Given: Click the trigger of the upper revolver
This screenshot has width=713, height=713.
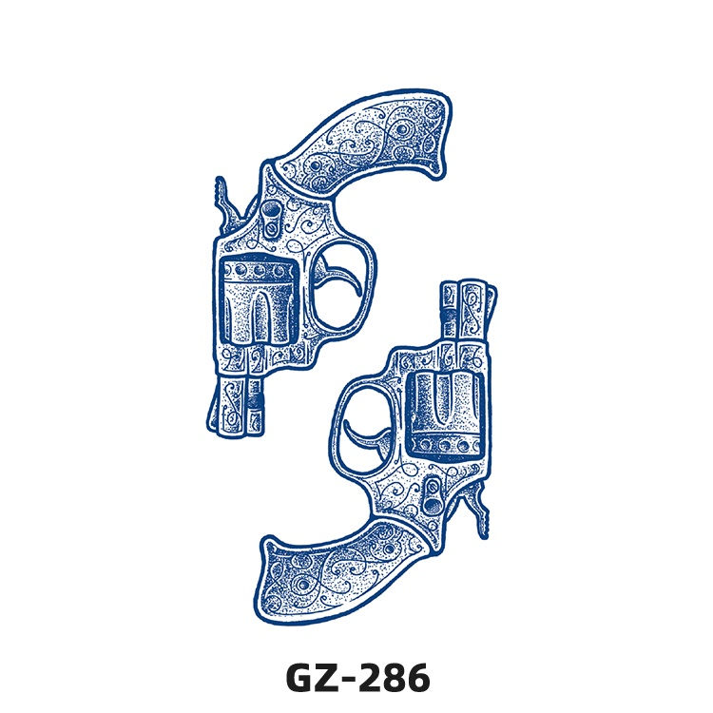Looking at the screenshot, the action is [x=338, y=274].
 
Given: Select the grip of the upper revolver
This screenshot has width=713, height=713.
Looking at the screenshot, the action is [x=364, y=141].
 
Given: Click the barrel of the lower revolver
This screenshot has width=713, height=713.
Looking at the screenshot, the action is [x=468, y=314].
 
